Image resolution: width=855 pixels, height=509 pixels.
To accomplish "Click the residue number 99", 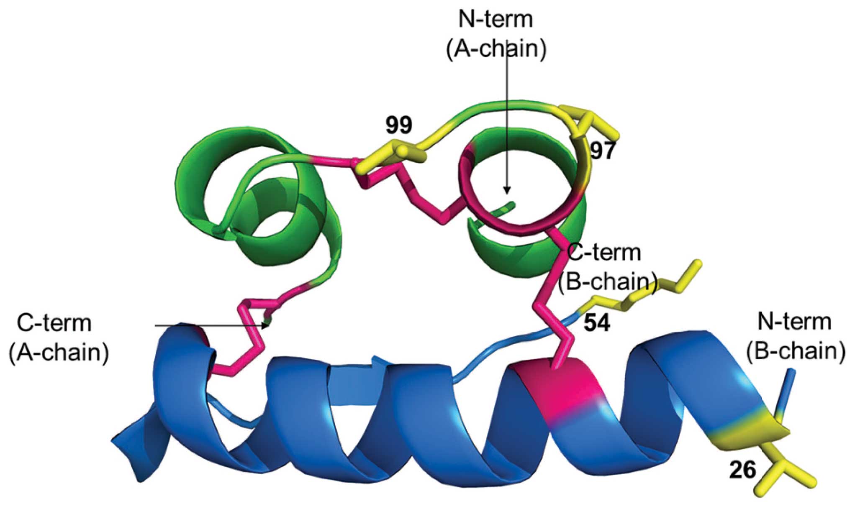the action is coord(399,125).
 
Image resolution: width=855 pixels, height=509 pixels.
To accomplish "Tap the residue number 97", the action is coord(602,151).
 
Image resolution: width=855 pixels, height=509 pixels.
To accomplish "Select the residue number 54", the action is coord(597,322).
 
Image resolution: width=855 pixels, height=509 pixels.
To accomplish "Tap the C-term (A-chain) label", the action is coord(59,338).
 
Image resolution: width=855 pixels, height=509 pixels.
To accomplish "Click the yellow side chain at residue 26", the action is coord(787,473).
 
